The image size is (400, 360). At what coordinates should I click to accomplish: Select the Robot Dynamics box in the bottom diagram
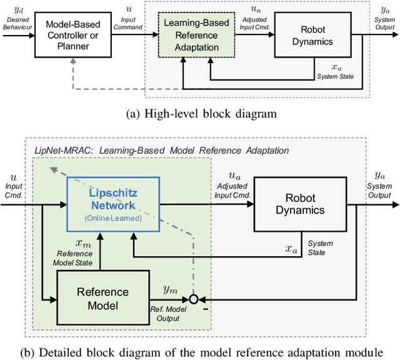tap(300, 204)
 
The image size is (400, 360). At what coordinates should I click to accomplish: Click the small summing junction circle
tap(194, 299)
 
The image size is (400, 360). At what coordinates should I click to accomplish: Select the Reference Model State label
tap(75, 257)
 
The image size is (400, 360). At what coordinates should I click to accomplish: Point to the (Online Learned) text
tap(112, 218)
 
